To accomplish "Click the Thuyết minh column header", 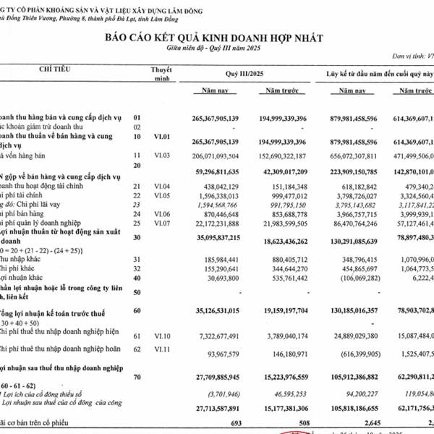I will [x=161, y=73].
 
